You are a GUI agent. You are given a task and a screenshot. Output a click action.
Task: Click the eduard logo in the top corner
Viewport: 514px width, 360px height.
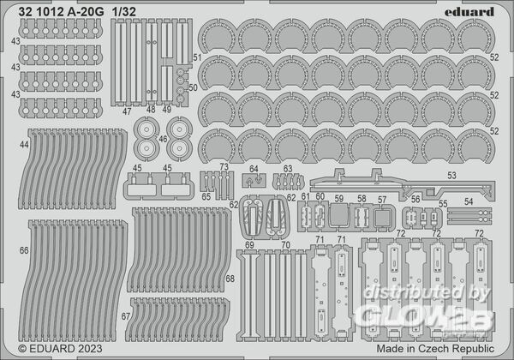pyautogui.click(x=469, y=12)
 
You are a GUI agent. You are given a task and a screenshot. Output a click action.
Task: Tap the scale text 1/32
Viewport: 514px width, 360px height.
pyautogui.click(x=123, y=12)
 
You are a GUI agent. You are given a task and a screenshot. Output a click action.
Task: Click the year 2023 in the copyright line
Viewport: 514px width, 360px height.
pyautogui.click(x=90, y=349)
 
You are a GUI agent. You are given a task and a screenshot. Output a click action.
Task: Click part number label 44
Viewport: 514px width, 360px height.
pyautogui.click(x=24, y=145)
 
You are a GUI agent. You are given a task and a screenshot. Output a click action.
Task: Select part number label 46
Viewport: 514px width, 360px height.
pyautogui.click(x=163, y=139)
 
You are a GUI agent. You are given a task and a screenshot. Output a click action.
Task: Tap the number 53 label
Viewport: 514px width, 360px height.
pyautogui.click(x=451, y=176)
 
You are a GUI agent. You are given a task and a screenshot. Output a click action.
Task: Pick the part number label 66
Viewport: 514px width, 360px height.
pyautogui.click(x=24, y=250)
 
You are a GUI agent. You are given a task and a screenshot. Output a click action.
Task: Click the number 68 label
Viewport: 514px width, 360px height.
pyautogui.click(x=230, y=279)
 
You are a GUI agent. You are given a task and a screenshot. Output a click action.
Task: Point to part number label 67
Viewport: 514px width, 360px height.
pyautogui.click(x=126, y=316)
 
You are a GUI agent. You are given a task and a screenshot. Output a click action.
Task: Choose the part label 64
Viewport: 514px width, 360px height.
pyautogui.click(x=254, y=169)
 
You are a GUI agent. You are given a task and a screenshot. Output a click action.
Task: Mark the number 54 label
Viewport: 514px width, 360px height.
pyautogui.click(x=469, y=202)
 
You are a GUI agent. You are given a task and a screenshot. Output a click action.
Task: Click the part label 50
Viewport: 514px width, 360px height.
pyautogui.click(x=193, y=88)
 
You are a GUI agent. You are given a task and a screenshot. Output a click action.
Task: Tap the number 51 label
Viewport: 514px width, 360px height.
pyautogui.click(x=197, y=57)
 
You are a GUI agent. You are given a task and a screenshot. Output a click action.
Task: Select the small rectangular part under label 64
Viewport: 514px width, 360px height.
pyautogui.click(x=254, y=181)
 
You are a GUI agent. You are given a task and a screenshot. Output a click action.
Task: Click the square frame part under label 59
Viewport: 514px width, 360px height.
pyautogui.click(x=338, y=215)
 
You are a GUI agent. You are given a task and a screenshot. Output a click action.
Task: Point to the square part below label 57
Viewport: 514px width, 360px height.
pyautogui.click(x=382, y=218)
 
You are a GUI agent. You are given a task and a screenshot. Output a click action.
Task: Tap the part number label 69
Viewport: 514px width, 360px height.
pyautogui.click(x=249, y=245)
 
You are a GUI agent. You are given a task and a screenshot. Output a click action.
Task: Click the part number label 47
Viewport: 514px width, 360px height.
pyautogui.click(x=127, y=111)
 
